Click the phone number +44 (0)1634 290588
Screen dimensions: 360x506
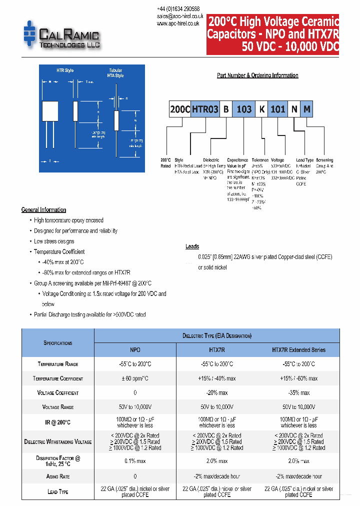click(x=178, y=9)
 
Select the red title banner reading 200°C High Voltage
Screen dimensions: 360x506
click(x=273, y=34)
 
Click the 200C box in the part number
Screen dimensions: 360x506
click(x=180, y=109)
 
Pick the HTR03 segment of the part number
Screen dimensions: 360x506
click(x=204, y=109)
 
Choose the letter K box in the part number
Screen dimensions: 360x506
click(x=261, y=109)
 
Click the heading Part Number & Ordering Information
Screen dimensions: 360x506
click(x=257, y=75)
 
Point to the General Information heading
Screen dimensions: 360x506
click(x=43, y=210)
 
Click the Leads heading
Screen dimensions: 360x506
click(x=192, y=246)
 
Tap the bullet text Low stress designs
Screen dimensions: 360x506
click(x=54, y=241)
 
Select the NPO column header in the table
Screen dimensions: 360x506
click(x=135, y=350)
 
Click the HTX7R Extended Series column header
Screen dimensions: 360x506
click(x=298, y=350)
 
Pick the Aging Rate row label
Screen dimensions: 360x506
click(x=58, y=476)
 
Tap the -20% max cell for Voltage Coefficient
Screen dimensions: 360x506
click(x=217, y=393)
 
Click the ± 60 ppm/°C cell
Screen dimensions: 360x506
click(x=135, y=378)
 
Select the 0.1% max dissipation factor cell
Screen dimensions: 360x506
click(x=135, y=461)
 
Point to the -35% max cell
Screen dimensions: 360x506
click(x=298, y=393)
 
